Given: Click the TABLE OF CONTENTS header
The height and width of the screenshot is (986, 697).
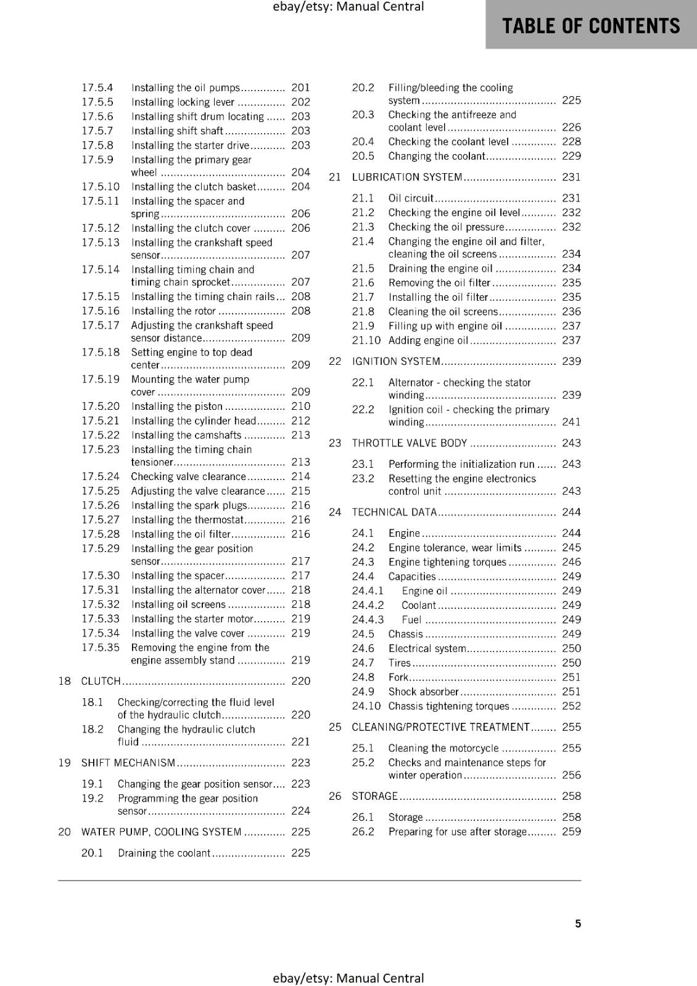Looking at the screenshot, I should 591,26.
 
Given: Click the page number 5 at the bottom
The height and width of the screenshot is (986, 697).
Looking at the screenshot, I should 578,923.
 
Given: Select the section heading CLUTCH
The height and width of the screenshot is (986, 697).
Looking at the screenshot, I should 101,681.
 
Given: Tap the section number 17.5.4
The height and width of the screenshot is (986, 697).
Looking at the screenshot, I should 97,88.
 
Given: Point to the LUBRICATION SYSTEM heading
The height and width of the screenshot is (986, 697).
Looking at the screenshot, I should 407,177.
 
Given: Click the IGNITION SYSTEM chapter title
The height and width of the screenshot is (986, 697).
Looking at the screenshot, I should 396,361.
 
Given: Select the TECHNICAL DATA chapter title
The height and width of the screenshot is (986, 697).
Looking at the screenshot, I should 394,512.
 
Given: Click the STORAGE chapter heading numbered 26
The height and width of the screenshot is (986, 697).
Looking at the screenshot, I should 375,796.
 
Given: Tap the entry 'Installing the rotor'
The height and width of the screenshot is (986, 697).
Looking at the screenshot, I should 173,311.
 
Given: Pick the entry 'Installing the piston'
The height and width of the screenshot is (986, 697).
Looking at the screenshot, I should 176,406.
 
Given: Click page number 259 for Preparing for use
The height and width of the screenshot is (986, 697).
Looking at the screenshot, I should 571,831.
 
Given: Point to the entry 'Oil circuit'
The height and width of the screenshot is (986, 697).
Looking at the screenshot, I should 411,198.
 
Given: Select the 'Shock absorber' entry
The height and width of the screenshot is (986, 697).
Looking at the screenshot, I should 423,691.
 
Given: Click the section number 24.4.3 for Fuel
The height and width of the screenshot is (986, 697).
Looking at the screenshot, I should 368,619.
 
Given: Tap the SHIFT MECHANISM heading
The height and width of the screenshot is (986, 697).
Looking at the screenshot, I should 128,763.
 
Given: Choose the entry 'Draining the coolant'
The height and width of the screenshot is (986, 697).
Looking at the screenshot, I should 164,853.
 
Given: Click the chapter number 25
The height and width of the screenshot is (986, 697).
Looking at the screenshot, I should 335,727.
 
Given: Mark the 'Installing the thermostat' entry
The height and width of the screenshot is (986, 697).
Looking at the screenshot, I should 188,519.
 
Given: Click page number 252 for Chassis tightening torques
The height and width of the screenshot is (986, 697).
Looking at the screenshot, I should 571,706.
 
